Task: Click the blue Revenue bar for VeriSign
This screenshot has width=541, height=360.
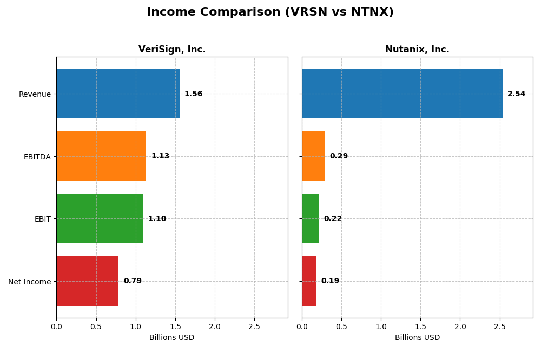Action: pos(118,94)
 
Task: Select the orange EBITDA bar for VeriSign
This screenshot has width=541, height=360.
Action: pos(101,156)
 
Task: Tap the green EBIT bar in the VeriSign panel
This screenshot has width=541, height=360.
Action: pos(100,218)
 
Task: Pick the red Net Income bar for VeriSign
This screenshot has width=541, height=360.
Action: pos(88,281)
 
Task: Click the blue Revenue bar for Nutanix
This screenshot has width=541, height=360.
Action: pos(402,94)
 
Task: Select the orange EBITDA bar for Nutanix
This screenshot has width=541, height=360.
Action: pos(313,156)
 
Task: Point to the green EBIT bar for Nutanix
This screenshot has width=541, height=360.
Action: pos(311,218)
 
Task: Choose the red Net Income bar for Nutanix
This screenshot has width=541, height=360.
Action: pos(309,281)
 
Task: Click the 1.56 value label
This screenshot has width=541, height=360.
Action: pos(193,94)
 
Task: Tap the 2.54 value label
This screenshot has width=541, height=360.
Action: pos(516,94)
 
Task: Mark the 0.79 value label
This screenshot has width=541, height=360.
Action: pos(133,281)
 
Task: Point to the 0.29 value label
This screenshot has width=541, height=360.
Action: pos(339,156)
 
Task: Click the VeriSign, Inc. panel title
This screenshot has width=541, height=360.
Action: pos(172,50)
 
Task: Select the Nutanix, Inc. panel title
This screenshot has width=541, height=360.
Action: pos(417,50)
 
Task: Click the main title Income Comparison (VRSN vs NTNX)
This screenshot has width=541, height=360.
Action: pos(270,12)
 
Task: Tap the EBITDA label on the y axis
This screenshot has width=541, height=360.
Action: pos(37,157)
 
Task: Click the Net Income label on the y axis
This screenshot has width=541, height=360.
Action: pos(30,282)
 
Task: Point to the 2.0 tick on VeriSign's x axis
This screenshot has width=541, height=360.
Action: pos(215,327)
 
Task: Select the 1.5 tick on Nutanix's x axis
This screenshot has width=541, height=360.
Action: pos(420,327)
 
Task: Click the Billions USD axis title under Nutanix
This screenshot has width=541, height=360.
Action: pos(417,338)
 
